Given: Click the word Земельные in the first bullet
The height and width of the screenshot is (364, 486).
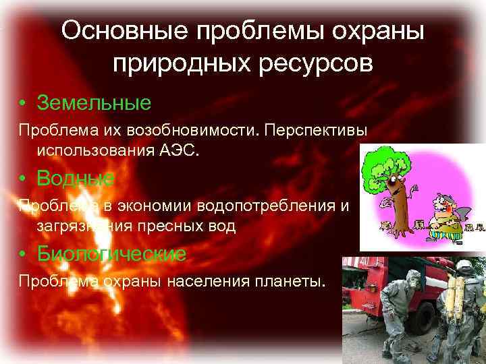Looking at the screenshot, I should (x=94, y=103).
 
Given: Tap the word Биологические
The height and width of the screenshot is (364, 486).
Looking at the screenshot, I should (x=111, y=253).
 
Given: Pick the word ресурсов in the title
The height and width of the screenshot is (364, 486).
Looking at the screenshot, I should (x=316, y=63).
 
